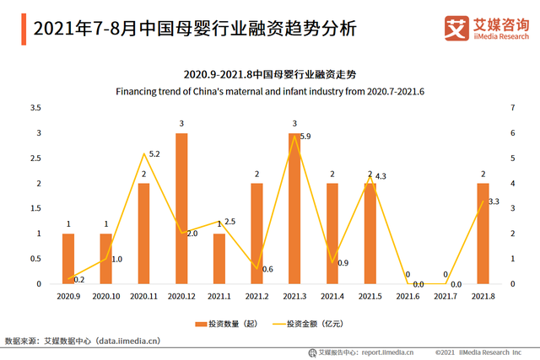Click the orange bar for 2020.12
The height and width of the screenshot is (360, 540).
[181, 208]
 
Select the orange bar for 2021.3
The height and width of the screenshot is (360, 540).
[294, 208]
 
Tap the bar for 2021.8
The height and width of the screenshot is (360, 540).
[483, 234]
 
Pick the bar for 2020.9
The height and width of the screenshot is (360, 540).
[68, 259]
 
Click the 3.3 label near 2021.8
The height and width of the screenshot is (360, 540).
[494, 201]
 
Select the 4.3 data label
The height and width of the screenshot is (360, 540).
[381, 176]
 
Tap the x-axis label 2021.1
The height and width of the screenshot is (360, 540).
[219, 296]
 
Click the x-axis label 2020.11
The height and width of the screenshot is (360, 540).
[143, 296]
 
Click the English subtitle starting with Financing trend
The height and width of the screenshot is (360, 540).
[270, 90]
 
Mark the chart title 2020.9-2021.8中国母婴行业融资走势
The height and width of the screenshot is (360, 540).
[270, 74]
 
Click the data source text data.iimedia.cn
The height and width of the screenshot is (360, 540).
[127, 341]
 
